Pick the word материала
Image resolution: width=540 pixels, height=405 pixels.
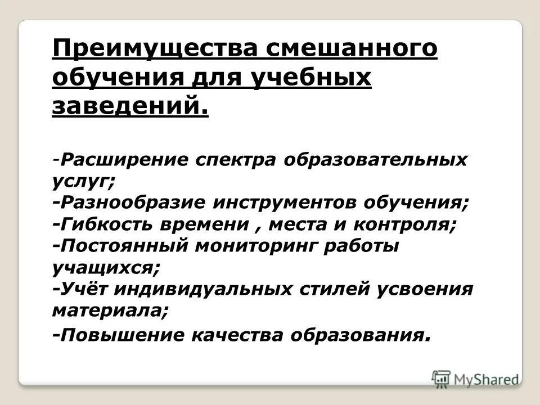click(x=109, y=310)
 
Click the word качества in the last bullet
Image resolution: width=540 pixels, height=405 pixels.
click(x=238, y=336)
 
